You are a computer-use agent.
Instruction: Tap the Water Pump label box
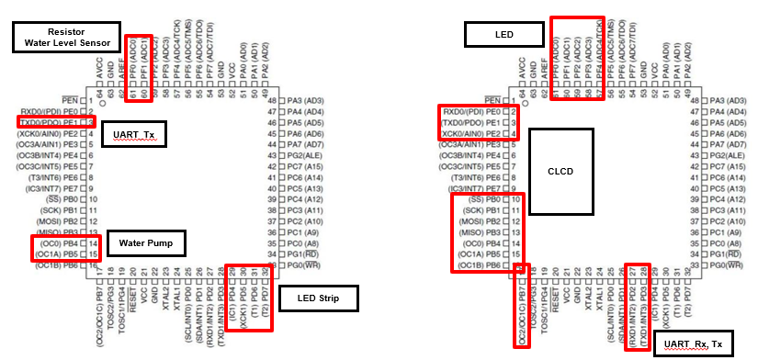tap(146, 243)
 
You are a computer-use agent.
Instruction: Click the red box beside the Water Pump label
tap(57, 248)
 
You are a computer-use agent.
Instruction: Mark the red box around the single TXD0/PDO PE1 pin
tap(55, 121)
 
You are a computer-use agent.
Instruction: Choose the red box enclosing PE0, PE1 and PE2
tap(479, 122)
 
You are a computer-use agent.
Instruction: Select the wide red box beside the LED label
tap(577, 57)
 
